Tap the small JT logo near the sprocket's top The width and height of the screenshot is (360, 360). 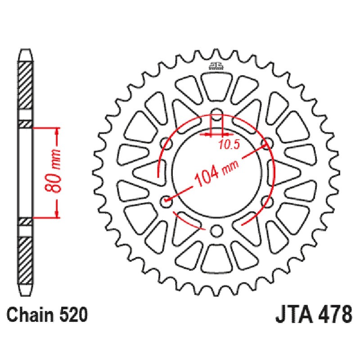[x=216, y=66]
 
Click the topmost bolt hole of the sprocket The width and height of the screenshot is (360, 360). [x=216, y=113]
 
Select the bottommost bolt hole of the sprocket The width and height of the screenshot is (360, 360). [x=216, y=231]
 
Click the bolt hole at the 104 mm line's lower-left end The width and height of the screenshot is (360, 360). [x=166, y=202]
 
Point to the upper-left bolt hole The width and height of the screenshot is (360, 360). [x=166, y=143]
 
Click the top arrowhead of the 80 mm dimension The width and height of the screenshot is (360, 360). [x=57, y=131]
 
